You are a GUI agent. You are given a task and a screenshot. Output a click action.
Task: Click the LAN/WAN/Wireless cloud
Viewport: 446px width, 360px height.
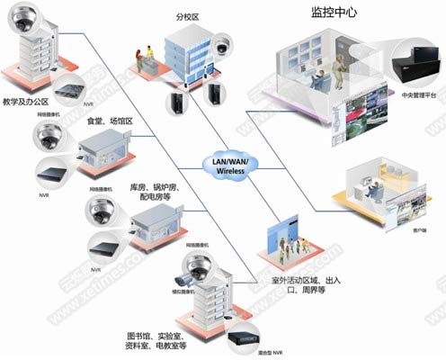232,165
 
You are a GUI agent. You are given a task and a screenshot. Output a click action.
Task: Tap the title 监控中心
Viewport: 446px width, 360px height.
332,13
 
